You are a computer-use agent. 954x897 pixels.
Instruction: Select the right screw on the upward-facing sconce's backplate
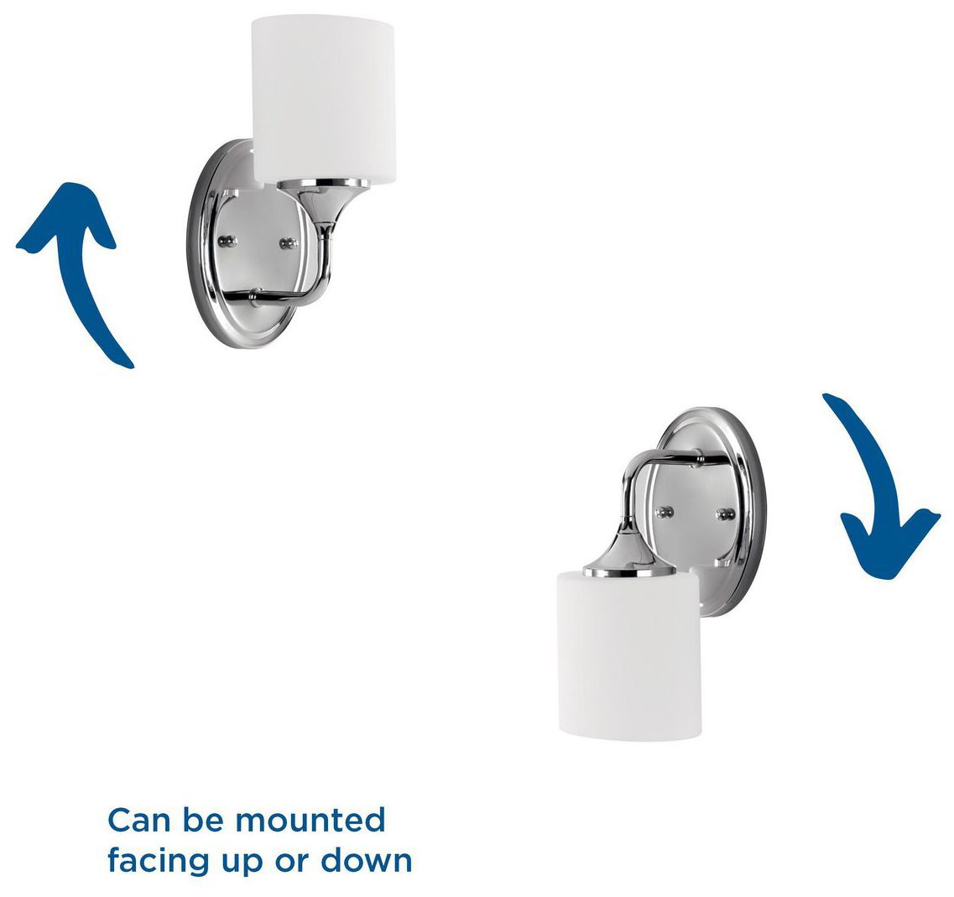[x=290, y=243]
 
